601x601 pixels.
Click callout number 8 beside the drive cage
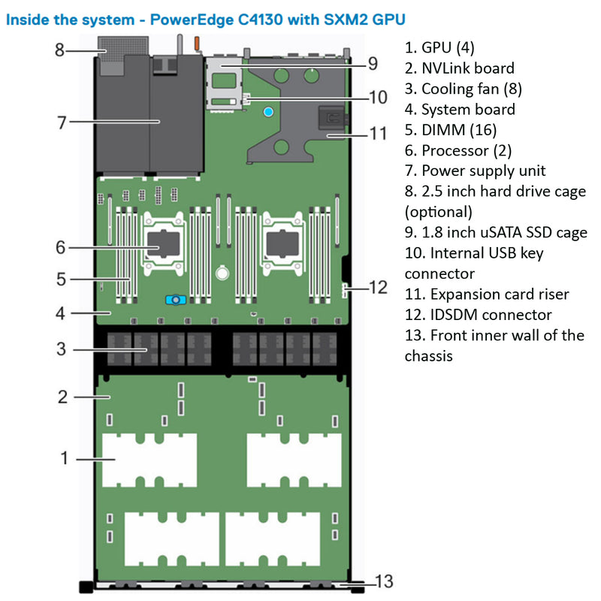[x=60, y=51]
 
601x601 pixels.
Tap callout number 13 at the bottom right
[x=383, y=581]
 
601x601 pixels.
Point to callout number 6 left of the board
[x=60, y=247]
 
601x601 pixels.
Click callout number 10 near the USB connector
[x=377, y=97]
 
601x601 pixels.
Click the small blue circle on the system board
[x=268, y=112]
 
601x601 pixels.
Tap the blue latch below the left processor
[x=174, y=299]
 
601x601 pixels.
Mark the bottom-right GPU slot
[x=275, y=536]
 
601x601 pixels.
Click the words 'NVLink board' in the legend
[x=467, y=68]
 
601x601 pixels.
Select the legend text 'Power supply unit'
[x=484, y=171]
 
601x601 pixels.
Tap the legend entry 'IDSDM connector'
[x=487, y=314]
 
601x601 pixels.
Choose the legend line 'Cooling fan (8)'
[x=471, y=89]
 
